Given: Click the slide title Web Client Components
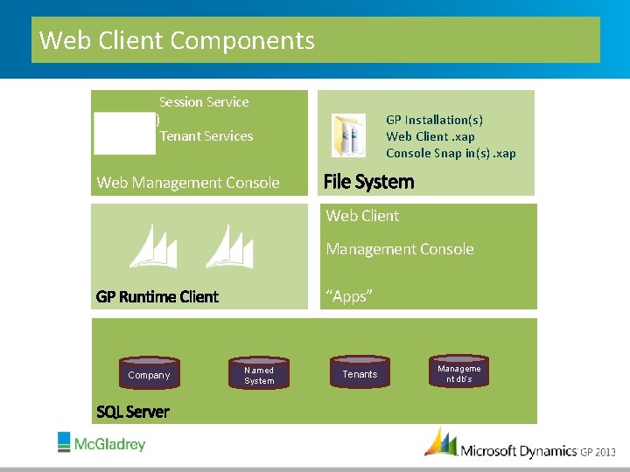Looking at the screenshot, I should coord(177,40).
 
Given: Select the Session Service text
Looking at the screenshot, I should coord(204,102).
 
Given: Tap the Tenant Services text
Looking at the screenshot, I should coord(206,136).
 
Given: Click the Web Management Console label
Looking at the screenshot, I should coord(188,183).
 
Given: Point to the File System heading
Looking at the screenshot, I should coord(368,182).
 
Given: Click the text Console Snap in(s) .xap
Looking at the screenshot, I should coord(451,154).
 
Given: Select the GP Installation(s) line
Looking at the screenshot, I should coord(434,120).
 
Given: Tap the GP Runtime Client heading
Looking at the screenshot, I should coord(157,296).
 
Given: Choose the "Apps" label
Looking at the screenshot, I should coord(349,296).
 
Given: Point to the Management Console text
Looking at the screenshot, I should coord(400,249).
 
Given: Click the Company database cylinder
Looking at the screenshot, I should coord(149,374).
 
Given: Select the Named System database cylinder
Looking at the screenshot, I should coord(259,374).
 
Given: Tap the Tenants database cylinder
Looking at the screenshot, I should coord(360,373).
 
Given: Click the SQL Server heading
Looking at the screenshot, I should coord(133,412).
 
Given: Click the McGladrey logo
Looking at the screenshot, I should coord(101,443).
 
